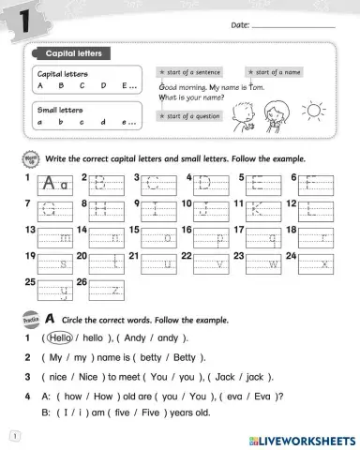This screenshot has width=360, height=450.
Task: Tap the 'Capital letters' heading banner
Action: coord(74,52)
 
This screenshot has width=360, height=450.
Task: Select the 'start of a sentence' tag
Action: coord(194,72)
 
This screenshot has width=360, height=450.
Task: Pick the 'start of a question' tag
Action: coord(194,116)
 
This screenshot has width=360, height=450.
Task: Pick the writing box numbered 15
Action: coord(158,237)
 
